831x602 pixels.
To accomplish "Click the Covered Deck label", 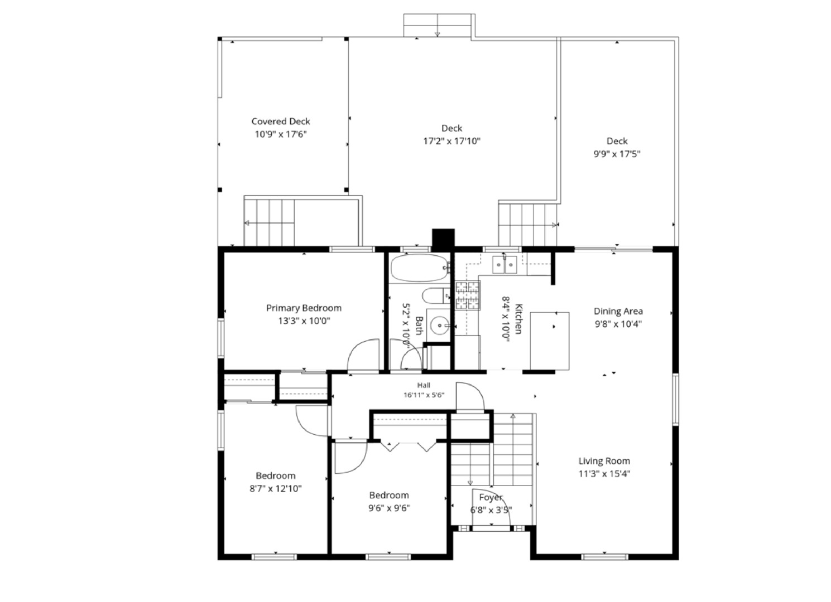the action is pyautogui.click(x=281, y=122).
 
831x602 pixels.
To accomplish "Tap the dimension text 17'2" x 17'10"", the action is pyautogui.click(x=451, y=141).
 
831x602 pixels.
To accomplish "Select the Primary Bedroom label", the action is pyautogui.click(x=304, y=308).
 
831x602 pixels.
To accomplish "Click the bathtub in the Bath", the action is pyautogui.click(x=420, y=268).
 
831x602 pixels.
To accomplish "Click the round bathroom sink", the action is pyautogui.click(x=440, y=326).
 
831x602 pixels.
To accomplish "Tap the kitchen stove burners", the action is pyautogui.click(x=468, y=295).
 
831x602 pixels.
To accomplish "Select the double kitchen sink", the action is pyautogui.click(x=505, y=265).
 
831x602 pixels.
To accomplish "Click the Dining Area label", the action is pyautogui.click(x=618, y=311).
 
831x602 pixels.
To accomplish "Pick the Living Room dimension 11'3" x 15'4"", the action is pyautogui.click(x=604, y=474).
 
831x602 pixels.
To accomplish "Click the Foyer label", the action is pyautogui.click(x=491, y=498).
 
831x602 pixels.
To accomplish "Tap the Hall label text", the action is pyautogui.click(x=424, y=385).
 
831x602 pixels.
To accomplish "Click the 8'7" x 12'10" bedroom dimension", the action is pyautogui.click(x=275, y=489).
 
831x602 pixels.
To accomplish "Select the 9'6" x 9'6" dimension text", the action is pyautogui.click(x=389, y=508).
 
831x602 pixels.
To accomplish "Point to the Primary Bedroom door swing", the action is pyautogui.click(x=363, y=354).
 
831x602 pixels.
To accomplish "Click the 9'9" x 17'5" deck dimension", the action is pyautogui.click(x=617, y=154).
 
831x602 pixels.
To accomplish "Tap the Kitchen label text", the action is pyautogui.click(x=518, y=319).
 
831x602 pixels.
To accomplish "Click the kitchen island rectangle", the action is pyautogui.click(x=549, y=341).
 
